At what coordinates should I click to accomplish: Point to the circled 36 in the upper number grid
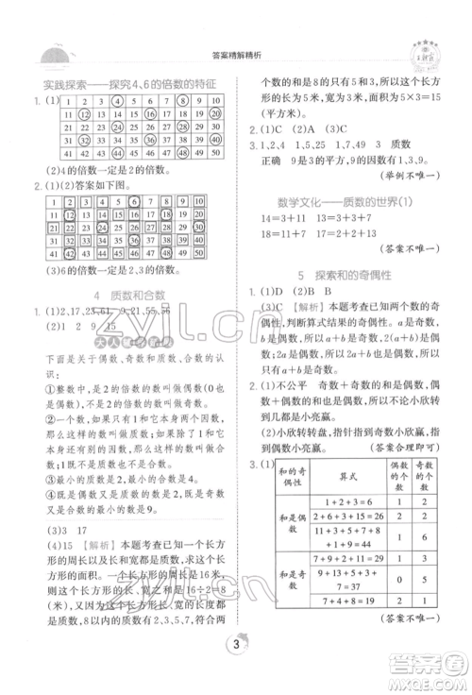[x=131, y=139]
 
